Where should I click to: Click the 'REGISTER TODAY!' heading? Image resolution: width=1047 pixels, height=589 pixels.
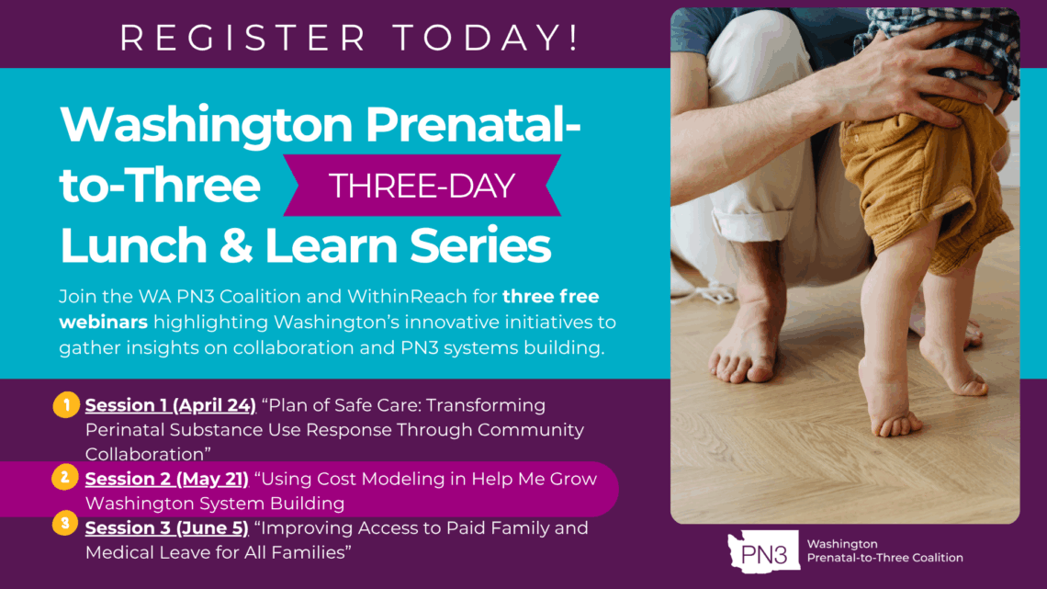(349, 38)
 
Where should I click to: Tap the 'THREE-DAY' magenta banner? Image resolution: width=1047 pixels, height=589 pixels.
(422, 186)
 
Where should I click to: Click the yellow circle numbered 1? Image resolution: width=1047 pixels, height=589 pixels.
(66, 404)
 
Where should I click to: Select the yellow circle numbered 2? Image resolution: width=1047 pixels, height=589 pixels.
(65, 478)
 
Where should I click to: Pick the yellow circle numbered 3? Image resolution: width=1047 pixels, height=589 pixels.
(65, 524)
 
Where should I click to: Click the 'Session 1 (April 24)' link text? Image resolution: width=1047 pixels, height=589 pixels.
(170, 405)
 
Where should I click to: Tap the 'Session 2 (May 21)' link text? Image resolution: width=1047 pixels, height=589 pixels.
(167, 479)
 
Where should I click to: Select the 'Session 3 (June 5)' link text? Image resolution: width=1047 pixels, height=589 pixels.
(167, 528)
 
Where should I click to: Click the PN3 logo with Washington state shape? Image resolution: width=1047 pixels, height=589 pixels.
(763, 551)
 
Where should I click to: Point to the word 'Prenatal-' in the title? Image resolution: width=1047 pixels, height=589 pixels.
(473, 124)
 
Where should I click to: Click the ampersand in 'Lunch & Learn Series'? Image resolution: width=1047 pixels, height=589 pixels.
(236, 245)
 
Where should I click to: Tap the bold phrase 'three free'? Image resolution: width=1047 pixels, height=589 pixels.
(551, 297)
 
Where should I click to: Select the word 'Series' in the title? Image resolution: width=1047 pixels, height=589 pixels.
(480, 245)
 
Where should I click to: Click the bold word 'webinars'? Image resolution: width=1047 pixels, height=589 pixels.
(104, 322)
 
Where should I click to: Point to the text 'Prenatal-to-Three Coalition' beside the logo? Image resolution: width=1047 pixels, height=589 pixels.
(884, 558)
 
